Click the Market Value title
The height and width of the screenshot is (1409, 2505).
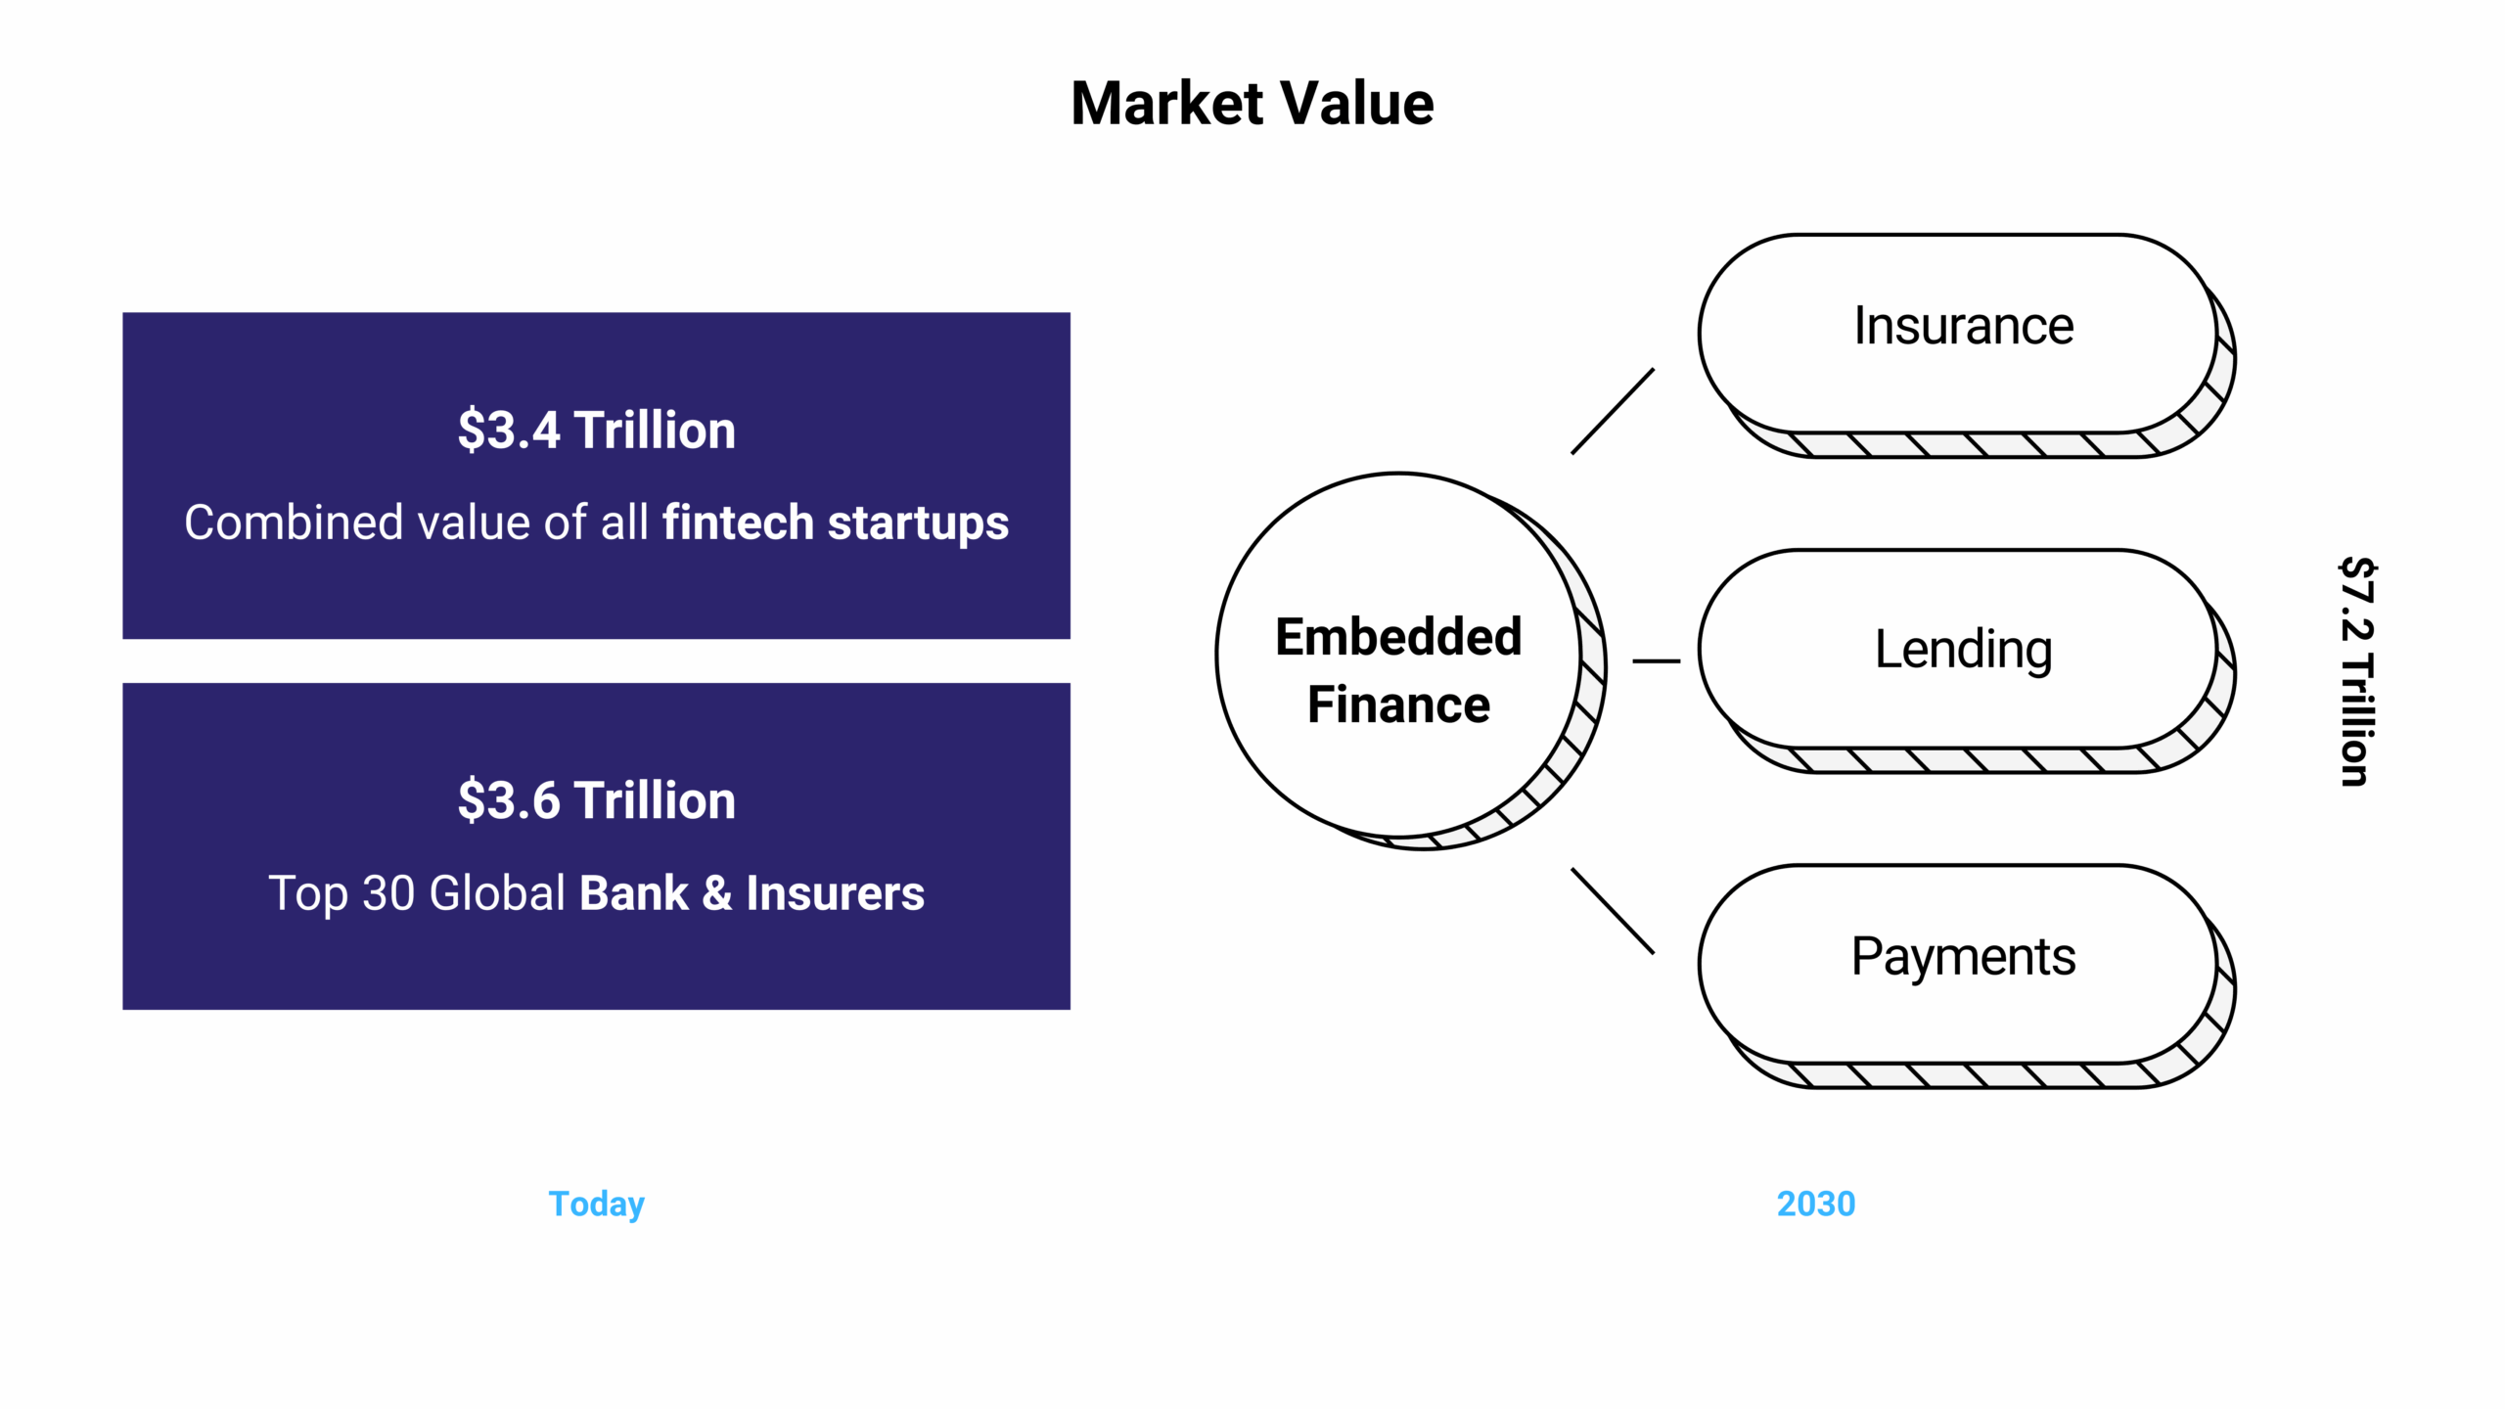[1252, 104]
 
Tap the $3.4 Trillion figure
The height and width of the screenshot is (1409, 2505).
[596, 431]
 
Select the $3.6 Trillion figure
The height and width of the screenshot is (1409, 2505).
[596, 800]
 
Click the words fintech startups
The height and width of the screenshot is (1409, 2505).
[835, 523]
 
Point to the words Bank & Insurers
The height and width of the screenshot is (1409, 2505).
[751, 893]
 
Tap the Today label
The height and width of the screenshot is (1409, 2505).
[596, 1204]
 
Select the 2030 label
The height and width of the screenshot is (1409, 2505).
[1815, 1204]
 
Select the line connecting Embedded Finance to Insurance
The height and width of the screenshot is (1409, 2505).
[1613, 411]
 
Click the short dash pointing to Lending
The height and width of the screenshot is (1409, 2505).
[1656, 661]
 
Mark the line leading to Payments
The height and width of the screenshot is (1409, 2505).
[1613, 911]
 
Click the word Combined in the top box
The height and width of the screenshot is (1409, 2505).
[294, 523]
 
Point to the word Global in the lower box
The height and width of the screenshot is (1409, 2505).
[497, 893]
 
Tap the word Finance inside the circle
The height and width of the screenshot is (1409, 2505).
[1398, 705]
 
